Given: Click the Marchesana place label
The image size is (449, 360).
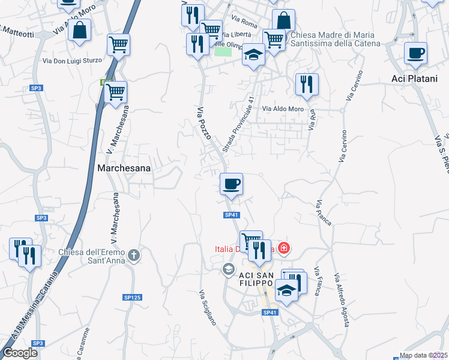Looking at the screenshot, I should pos(123,169).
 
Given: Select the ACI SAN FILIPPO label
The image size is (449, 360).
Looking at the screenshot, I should pos(257,279).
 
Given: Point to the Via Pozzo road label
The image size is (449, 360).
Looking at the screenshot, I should pos(204,124).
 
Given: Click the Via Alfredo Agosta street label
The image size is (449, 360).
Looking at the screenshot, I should pos(343,299).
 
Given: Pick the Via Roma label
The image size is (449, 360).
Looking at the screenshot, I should pos(244,24).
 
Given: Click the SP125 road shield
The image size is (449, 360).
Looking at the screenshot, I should pos(131,297).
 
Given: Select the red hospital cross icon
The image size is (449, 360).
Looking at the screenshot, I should pos(283,248).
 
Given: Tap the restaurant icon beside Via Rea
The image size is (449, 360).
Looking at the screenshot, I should pos(307,85).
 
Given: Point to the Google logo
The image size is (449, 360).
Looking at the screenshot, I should pos(20,353).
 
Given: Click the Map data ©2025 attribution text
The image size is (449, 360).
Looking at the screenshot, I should pos(423,355).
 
